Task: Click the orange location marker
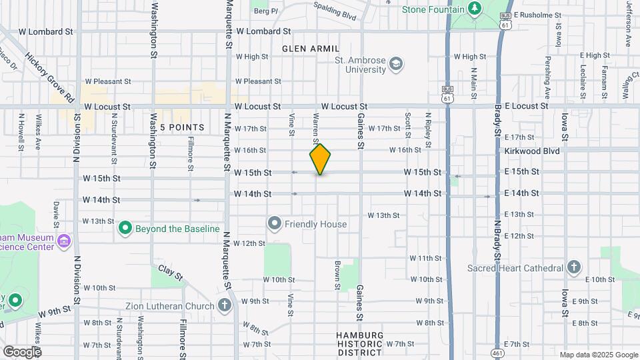click(x=320, y=159)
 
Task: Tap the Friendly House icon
click(x=274, y=223)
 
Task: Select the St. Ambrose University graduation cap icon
click(x=397, y=64)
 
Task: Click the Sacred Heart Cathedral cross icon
click(x=573, y=268)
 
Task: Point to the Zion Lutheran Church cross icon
click(x=225, y=306)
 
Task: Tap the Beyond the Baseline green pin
click(x=125, y=229)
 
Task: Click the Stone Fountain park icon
click(x=474, y=9)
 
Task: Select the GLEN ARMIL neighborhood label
click(x=311, y=49)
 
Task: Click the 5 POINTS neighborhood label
click(x=181, y=127)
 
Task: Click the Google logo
click(x=22, y=351)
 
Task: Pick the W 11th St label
click(x=425, y=258)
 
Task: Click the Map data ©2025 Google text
click(x=598, y=355)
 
